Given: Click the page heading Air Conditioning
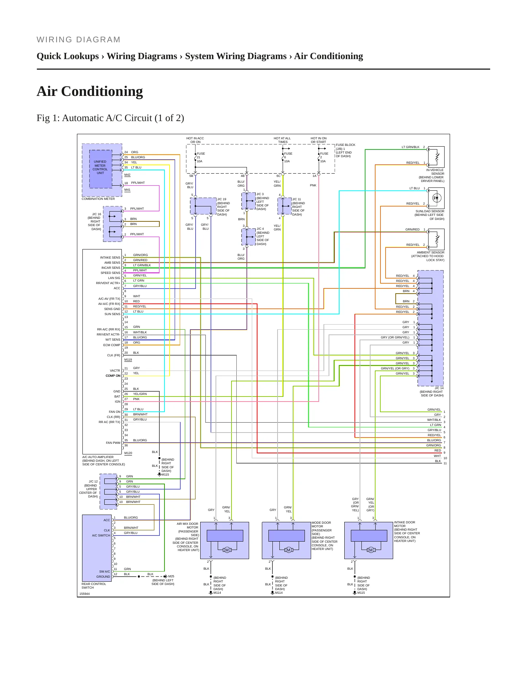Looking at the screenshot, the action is tap(90, 91).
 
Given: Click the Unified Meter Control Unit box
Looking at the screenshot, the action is tap(101, 169).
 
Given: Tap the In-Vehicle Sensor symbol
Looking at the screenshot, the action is tap(437, 157).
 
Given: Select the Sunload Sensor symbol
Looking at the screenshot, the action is tap(437, 198).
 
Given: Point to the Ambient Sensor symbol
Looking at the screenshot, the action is tap(437, 239).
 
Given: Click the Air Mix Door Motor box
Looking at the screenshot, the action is tap(225, 540).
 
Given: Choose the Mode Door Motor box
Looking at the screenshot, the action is tap(286, 540).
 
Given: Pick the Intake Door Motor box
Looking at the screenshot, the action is tap(369, 540).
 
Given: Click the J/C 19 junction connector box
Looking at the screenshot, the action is tap(203, 206).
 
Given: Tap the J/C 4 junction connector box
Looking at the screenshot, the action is tap(248, 237).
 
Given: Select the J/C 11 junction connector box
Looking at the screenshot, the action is tap(284, 206).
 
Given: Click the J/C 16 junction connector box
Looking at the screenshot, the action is tap(113, 224).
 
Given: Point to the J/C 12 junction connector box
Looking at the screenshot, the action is tap(108, 492).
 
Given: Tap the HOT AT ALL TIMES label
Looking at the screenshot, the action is tap(282, 140).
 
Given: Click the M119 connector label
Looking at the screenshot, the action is tap(128, 360).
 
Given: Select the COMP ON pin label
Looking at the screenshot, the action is tap(113, 376).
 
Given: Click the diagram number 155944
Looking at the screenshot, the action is tap(85, 594).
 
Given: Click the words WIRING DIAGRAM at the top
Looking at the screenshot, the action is tap(78, 40).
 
